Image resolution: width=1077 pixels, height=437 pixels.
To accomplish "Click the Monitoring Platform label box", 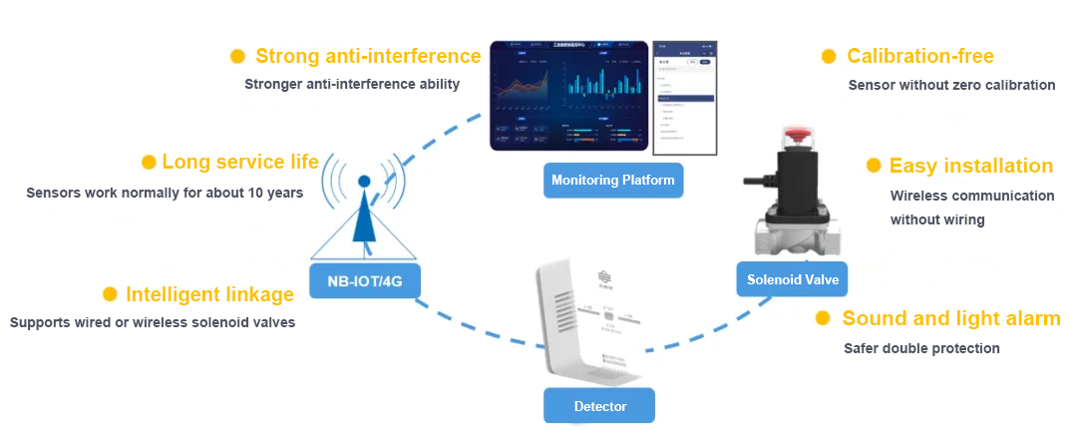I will (x=613, y=181).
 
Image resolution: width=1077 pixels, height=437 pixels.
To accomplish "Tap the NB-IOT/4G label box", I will (x=365, y=281).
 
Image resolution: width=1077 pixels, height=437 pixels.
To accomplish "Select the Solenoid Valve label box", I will (x=793, y=279).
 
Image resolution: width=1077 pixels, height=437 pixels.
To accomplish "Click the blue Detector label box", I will (x=599, y=406).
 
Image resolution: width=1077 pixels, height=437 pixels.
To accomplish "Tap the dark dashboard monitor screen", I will (x=567, y=96).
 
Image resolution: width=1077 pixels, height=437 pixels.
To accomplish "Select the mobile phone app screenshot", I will (x=684, y=98).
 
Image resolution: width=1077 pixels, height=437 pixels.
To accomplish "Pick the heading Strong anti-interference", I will (x=368, y=56).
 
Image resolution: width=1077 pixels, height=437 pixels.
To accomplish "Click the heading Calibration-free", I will (x=919, y=56).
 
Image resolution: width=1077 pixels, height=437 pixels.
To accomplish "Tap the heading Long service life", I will (x=240, y=162).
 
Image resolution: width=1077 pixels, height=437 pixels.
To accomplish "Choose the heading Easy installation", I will (x=970, y=166).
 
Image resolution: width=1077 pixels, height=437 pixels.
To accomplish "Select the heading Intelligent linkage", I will (x=209, y=294).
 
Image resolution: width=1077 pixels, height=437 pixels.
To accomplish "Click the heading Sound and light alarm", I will (x=950, y=318).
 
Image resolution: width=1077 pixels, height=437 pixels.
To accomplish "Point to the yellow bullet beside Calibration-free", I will (x=829, y=57).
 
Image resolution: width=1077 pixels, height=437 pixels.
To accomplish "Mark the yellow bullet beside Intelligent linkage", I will (x=111, y=294).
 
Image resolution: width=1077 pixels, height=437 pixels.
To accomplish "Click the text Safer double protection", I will (x=921, y=348).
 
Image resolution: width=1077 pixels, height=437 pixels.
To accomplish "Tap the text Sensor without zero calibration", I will (x=951, y=85).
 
